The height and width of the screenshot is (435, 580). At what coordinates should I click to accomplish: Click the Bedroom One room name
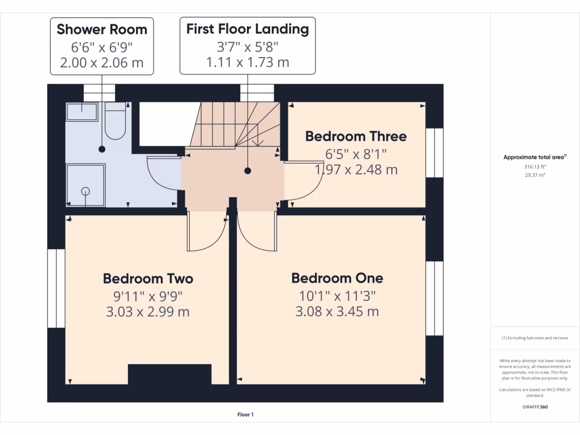(337, 278)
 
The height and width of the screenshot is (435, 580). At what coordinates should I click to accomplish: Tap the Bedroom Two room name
(148, 279)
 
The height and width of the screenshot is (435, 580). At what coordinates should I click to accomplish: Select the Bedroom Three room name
(356, 137)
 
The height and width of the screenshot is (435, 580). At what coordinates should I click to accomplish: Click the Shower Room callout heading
(102, 29)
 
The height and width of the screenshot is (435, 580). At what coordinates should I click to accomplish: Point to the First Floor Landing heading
(248, 29)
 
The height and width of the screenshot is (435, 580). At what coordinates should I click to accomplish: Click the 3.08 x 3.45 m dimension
(337, 312)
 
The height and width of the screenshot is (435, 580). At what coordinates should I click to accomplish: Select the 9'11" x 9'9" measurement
(148, 295)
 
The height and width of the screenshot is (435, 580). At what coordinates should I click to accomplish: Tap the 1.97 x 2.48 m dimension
(356, 169)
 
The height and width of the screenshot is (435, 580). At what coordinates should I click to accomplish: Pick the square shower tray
(86, 185)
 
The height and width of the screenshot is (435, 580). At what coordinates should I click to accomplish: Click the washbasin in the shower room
(82, 111)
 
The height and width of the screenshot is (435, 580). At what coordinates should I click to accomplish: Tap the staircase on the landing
(235, 125)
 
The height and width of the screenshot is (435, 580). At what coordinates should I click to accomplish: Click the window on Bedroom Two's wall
(56, 288)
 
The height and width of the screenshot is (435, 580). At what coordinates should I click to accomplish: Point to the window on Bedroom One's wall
(434, 298)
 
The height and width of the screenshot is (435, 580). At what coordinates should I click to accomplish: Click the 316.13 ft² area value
(535, 167)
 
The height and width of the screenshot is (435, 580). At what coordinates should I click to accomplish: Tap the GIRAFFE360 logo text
(535, 407)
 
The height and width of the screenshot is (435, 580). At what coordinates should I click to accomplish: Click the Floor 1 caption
(245, 415)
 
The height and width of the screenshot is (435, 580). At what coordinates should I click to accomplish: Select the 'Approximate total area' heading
(535, 157)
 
